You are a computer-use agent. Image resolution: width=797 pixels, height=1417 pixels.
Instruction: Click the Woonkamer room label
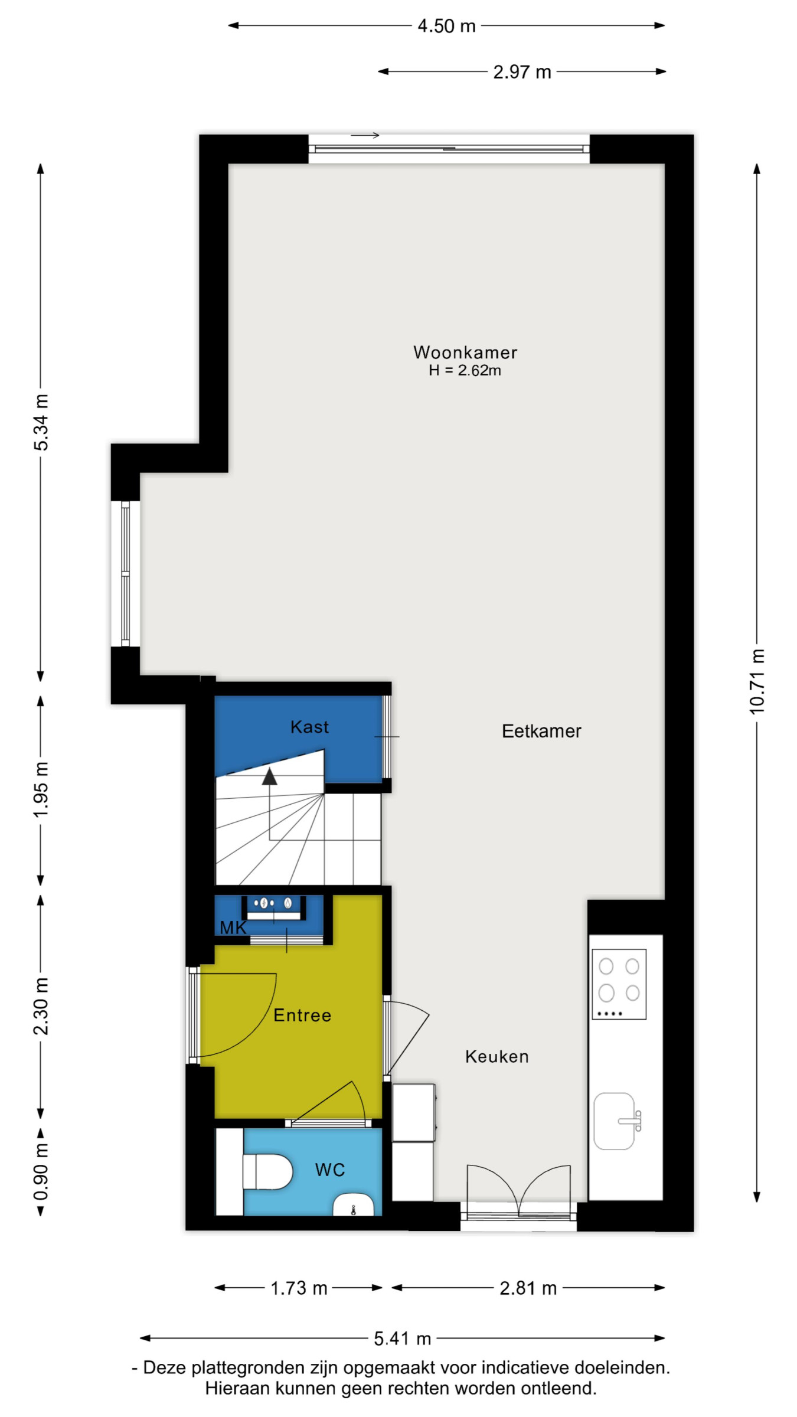[465, 352]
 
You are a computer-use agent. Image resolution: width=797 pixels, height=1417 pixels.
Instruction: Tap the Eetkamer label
[541, 731]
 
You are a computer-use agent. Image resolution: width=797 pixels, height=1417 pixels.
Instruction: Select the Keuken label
[497, 1056]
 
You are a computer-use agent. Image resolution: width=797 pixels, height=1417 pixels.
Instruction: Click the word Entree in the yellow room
[302, 1015]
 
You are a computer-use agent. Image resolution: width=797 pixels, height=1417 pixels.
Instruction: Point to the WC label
[329, 1170]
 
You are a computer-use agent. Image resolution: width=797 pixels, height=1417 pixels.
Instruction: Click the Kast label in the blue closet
[309, 727]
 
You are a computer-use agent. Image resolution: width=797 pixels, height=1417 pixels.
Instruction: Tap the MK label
[233, 928]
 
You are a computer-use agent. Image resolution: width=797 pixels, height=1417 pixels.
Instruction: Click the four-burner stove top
[619, 984]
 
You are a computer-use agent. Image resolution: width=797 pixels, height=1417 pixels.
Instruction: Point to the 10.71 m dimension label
[757, 682]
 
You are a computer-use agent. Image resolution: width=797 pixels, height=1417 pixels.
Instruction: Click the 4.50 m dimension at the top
[446, 26]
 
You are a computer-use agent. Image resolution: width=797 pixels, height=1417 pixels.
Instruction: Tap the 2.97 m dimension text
[522, 72]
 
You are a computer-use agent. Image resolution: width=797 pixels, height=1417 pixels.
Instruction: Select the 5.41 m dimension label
[402, 1338]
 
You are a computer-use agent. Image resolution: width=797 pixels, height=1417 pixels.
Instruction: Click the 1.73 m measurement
[299, 1288]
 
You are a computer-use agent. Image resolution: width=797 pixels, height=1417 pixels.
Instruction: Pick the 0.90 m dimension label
[41, 1171]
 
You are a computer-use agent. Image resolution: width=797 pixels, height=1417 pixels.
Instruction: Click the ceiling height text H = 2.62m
[465, 371]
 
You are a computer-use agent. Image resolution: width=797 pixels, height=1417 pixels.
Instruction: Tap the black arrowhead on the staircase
[270, 776]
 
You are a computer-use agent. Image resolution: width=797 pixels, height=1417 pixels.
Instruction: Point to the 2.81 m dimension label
[528, 1288]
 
